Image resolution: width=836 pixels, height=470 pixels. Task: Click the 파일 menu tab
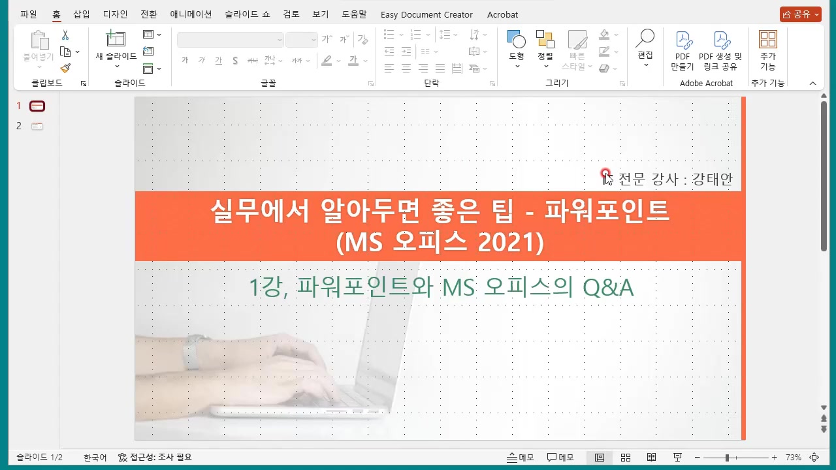(29, 14)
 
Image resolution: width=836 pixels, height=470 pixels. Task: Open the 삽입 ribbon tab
(82, 14)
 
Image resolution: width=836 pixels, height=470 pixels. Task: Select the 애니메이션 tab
(191, 14)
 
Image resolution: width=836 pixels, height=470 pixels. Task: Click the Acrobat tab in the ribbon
(502, 14)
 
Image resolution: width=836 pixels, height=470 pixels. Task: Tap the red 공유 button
(800, 14)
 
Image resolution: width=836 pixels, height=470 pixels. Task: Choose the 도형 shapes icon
(516, 39)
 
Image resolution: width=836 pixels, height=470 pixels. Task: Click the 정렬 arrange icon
(545, 39)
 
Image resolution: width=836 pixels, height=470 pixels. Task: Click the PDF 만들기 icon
(683, 40)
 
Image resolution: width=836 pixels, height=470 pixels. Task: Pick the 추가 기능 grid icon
(768, 39)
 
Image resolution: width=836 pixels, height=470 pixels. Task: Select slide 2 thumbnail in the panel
(37, 126)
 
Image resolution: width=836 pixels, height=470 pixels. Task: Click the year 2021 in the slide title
(509, 243)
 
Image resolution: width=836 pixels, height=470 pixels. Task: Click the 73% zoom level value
(793, 458)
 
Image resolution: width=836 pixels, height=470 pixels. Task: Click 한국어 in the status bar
(95, 458)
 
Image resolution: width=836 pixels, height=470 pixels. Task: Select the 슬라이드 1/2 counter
(39, 458)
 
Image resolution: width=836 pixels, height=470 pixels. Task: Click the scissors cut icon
(65, 35)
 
